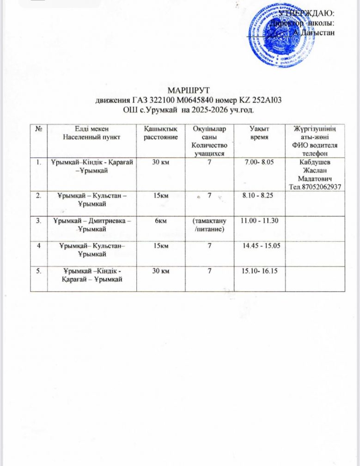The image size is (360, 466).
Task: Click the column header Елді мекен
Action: (87, 129)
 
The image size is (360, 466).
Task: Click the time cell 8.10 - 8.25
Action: (258, 196)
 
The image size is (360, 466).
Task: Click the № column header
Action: (37, 129)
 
